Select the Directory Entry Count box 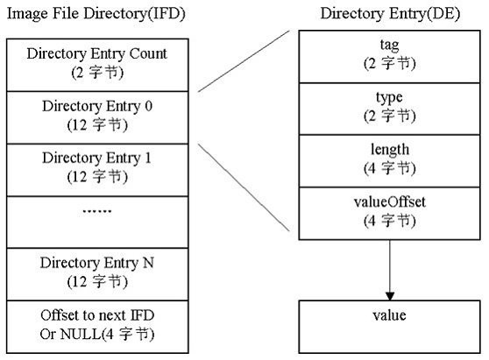(x=97, y=62)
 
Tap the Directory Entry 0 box (x=97, y=115)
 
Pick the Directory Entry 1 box (x=97, y=167)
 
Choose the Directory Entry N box (x=97, y=272)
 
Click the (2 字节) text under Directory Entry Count (x=97, y=71)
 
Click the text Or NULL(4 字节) (x=97, y=334)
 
